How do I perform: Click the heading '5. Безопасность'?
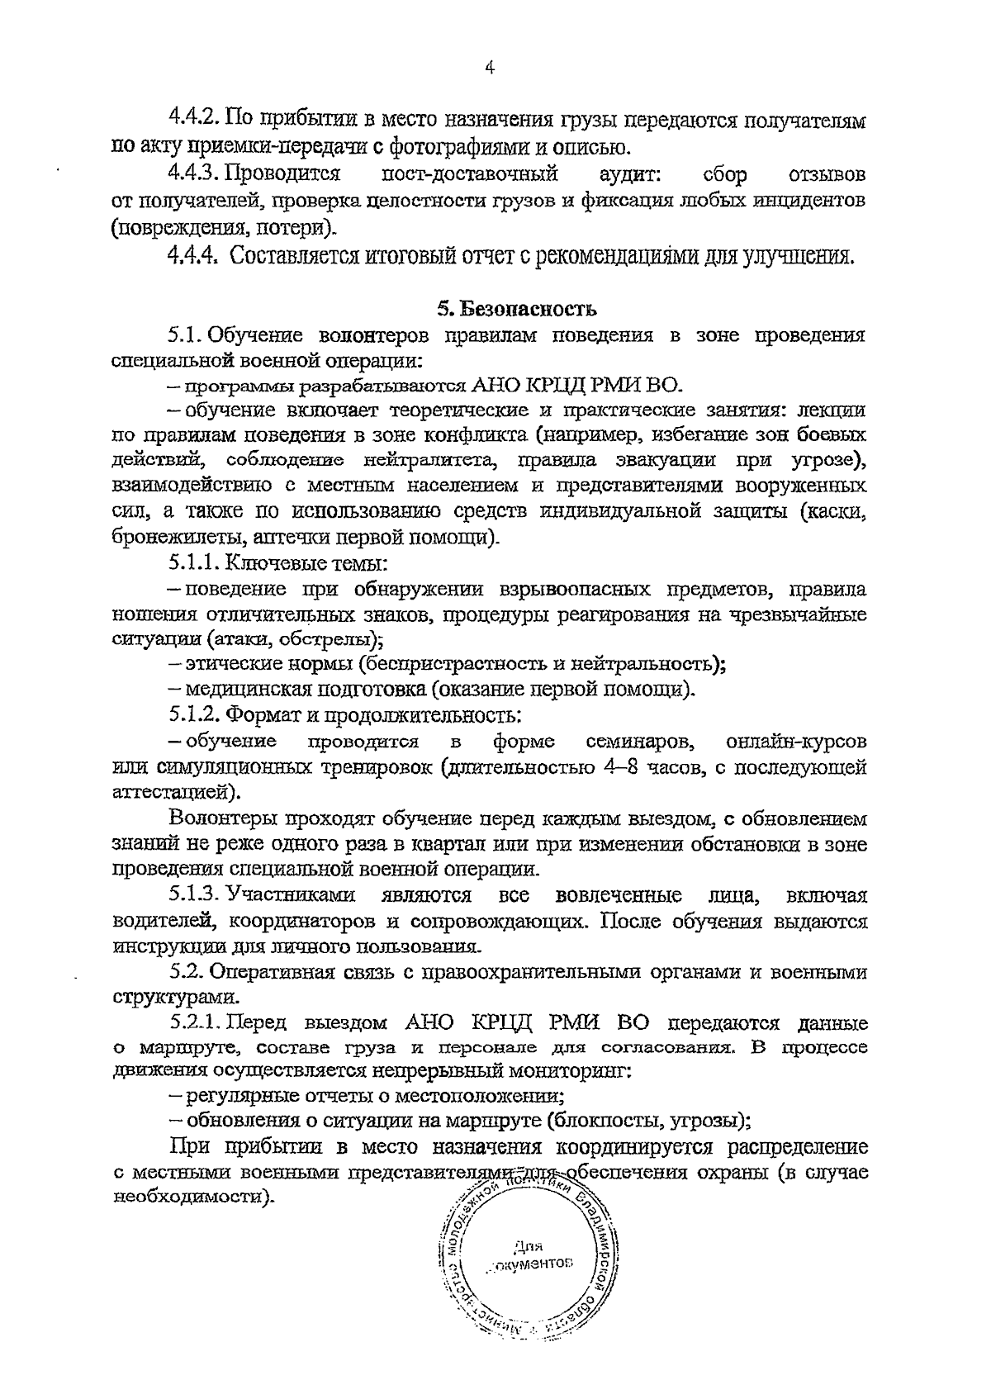coord(516,310)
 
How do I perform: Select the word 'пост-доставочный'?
coord(470,174)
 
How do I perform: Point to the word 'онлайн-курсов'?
coord(797,740)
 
